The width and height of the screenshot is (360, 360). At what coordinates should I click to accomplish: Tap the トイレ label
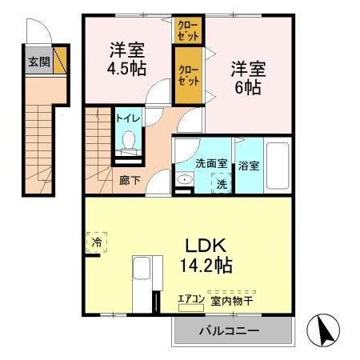(128, 118)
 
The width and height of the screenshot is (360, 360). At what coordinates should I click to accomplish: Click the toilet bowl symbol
(128, 142)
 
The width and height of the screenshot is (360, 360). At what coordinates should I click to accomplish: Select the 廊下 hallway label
(129, 180)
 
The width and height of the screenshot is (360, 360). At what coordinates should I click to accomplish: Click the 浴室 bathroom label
(248, 166)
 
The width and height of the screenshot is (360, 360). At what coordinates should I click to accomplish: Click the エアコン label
(191, 301)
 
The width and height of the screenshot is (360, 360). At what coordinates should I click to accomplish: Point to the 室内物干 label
(233, 301)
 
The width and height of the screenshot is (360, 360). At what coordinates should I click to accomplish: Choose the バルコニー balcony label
(229, 330)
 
